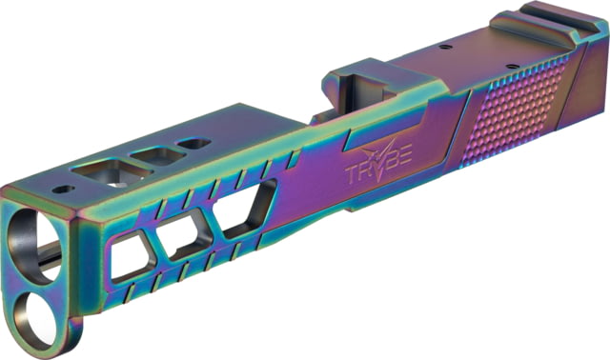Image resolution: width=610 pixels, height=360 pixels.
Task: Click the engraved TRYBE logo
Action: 378,163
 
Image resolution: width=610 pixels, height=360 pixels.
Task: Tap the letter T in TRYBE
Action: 352,174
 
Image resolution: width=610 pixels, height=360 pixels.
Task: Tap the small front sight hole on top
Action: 64,190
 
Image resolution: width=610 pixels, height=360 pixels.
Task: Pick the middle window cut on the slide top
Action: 158,155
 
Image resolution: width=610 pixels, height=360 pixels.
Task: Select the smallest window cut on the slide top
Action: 194,143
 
